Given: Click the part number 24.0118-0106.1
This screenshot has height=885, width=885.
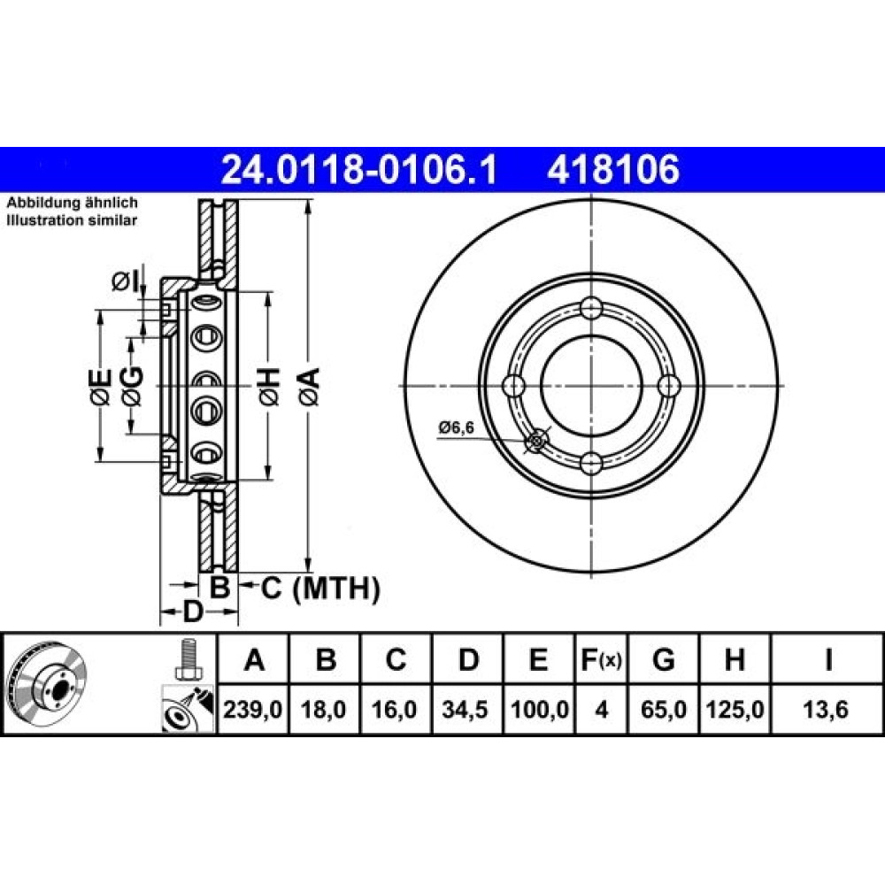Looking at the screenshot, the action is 359,170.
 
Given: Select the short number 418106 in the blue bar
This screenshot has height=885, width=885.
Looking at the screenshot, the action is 612,170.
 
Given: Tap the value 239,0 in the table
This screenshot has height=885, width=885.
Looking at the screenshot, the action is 252,710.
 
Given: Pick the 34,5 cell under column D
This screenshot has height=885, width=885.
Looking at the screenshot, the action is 466,710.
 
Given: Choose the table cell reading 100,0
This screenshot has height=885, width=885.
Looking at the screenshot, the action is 539,710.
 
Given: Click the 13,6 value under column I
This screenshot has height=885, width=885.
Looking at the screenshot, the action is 826,710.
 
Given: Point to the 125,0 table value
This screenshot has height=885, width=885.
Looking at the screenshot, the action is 735,710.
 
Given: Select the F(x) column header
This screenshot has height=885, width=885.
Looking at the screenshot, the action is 601,659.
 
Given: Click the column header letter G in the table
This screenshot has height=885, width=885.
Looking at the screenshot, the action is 663,659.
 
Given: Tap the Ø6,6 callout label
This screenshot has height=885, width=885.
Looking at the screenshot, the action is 457,427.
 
